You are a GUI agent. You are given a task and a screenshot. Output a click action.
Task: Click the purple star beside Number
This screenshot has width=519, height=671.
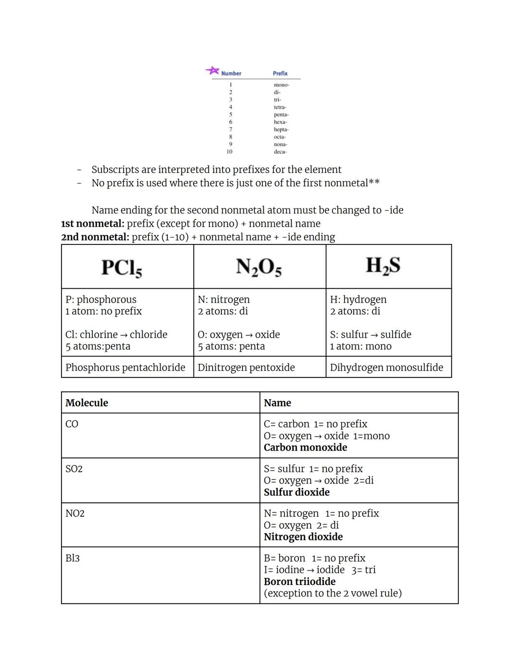pyautogui.click(x=212, y=71)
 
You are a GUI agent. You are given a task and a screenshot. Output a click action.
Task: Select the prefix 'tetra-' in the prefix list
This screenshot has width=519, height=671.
pyautogui.click(x=280, y=107)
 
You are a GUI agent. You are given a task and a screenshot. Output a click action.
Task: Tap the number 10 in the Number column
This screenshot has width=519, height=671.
pyautogui.click(x=229, y=152)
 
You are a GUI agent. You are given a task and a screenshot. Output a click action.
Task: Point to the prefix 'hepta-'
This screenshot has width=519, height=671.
pyautogui.click(x=281, y=130)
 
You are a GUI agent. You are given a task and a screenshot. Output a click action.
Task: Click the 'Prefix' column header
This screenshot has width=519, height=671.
pyautogui.click(x=280, y=73)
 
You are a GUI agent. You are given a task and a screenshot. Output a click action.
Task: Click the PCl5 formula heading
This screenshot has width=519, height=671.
pyautogui.click(x=122, y=268)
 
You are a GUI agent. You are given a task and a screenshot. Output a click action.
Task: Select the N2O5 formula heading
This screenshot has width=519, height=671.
pyautogui.click(x=259, y=267)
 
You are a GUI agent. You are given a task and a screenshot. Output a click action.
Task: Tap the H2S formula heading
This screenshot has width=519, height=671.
pyautogui.click(x=383, y=266)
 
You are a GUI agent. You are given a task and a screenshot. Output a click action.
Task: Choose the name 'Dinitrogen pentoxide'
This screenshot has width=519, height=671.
pyautogui.click(x=246, y=367)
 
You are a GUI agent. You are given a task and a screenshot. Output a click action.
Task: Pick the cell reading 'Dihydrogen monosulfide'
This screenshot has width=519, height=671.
pyautogui.click(x=386, y=367)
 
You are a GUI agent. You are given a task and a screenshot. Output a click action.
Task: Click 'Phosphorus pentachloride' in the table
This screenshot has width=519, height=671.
pyautogui.click(x=125, y=367)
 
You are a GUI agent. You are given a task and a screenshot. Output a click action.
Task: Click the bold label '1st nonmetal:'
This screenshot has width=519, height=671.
pyautogui.click(x=93, y=224)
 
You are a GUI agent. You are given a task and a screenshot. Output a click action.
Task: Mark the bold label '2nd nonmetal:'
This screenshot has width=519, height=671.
pyautogui.click(x=95, y=237)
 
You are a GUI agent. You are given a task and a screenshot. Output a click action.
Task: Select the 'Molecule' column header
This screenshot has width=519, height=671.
pyautogui.click(x=87, y=403)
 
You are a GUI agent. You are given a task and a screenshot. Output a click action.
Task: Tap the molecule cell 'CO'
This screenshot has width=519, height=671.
pyautogui.click(x=72, y=424)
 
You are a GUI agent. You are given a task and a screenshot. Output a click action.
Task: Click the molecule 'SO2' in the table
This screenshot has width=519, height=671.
pyautogui.click(x=74, y=469)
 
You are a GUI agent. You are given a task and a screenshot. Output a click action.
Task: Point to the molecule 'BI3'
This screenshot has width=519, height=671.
pyautogui.click(x=73, y=558)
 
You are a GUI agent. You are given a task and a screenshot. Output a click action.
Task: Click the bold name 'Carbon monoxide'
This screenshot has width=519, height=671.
pyautogui.click(x=305, y=448)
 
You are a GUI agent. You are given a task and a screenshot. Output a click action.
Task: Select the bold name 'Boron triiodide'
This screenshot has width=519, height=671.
pyautogui.click(x=299, y=582)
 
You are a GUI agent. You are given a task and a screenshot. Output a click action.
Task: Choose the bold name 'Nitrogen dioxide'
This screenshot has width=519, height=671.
pyautogui.click(x=303, y=537)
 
